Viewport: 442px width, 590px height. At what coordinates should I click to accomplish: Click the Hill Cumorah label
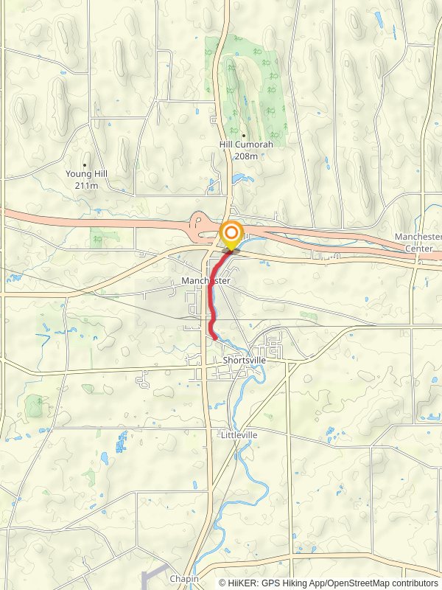(246, 145)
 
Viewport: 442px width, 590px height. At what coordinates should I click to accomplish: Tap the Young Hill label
(85, 175)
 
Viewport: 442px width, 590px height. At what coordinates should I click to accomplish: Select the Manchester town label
(206, 281)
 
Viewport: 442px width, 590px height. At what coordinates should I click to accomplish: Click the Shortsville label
(244, 361)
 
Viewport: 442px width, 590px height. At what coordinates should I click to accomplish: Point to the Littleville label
(239, 435)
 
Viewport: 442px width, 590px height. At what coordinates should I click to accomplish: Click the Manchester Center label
(418, 242)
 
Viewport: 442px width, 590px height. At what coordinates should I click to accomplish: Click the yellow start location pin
(231, 235)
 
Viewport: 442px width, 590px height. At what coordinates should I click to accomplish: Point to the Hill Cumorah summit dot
(244, 135)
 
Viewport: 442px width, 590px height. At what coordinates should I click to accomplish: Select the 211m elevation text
(86, 186)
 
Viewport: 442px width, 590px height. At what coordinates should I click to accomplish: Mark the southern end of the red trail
(214, 337)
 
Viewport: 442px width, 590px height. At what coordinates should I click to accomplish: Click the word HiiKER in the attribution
(242, 583)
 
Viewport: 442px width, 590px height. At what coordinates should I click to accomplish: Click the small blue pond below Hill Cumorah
(239, 178)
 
